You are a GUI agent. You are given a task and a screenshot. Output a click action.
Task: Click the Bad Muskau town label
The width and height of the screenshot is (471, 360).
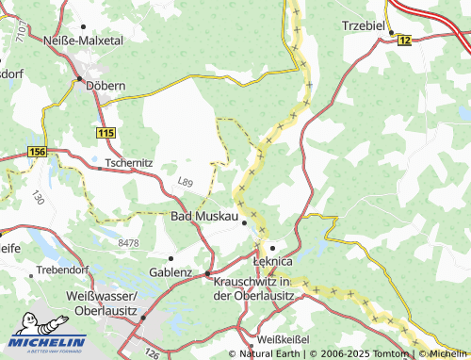[x=203, y=216]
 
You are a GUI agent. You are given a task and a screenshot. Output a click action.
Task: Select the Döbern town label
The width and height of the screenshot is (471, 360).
[x=106, y=85]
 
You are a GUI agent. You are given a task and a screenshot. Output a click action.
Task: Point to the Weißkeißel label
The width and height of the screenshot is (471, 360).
[x=284, y=337]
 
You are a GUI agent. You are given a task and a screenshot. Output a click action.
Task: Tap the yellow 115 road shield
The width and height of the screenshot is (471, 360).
[x=105, y=134]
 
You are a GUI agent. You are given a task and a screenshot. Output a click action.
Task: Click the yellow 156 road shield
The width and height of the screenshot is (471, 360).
[x=37, y=152]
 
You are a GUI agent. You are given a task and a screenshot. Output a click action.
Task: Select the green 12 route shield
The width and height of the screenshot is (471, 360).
[x=405, y=40]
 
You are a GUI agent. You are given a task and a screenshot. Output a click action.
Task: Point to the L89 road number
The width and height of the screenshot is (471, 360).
[x=186, y=181]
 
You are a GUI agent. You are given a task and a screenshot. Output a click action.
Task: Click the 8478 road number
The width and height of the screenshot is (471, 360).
[x=128, y=243]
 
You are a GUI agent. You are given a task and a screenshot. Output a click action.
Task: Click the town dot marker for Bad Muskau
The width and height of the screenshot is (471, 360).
[x=244, y=223]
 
